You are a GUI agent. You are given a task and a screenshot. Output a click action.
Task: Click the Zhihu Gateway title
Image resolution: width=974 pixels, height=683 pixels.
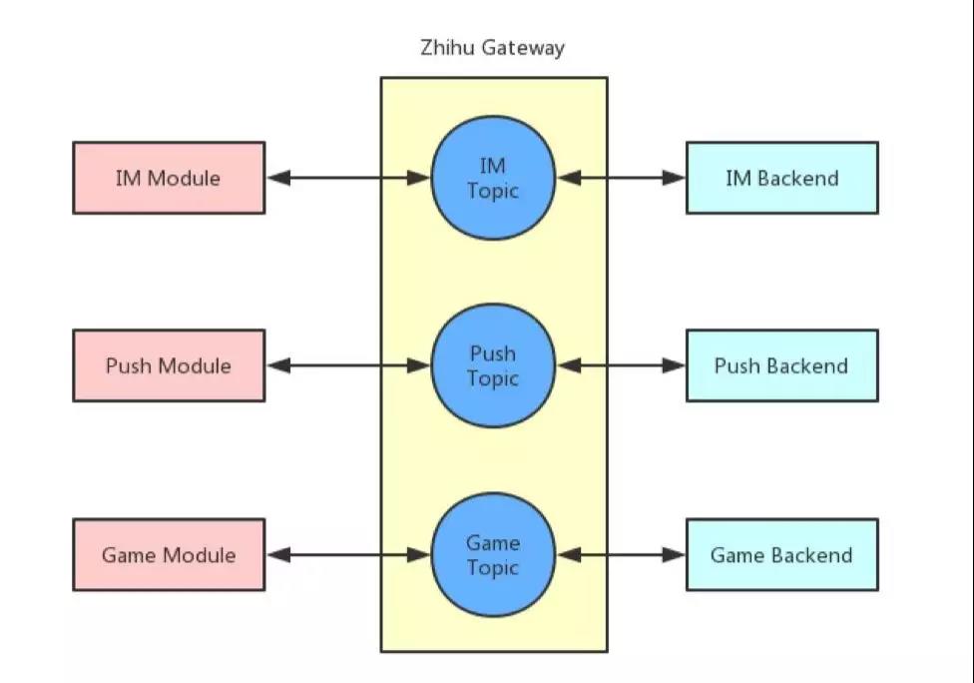492,48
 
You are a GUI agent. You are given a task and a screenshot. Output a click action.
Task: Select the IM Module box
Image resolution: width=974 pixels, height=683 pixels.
169,178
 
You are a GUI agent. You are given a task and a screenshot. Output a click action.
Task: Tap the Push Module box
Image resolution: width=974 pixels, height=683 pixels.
169,365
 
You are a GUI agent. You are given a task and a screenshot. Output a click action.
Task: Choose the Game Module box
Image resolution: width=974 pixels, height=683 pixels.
169,554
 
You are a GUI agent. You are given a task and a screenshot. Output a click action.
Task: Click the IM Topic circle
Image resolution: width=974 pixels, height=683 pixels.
493,178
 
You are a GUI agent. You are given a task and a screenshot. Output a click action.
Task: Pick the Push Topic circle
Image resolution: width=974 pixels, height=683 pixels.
493,365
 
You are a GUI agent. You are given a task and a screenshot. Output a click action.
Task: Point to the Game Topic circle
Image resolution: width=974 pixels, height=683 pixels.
493,554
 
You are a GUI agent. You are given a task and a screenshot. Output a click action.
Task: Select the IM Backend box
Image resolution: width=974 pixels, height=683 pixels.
782,178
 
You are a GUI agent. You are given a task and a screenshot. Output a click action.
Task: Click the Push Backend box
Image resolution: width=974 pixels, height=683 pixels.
782,365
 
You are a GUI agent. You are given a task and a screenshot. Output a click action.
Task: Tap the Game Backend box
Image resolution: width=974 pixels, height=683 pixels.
782,554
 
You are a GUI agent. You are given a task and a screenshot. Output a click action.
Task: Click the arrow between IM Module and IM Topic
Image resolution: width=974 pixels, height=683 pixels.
348,178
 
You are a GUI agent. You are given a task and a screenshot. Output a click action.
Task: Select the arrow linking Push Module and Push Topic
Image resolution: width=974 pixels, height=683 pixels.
348,365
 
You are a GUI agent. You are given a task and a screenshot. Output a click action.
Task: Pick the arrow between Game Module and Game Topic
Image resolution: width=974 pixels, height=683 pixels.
348,554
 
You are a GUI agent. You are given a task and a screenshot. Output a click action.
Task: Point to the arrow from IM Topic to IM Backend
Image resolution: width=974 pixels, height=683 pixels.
621,178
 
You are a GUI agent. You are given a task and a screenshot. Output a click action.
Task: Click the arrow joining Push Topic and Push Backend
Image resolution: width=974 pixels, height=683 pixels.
621,365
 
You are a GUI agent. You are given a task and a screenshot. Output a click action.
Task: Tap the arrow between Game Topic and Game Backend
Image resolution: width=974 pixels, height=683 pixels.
621,554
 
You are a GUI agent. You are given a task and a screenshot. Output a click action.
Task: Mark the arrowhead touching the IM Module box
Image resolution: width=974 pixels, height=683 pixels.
278,178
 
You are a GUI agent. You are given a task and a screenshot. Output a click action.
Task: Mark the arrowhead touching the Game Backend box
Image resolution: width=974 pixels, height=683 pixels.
674,554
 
